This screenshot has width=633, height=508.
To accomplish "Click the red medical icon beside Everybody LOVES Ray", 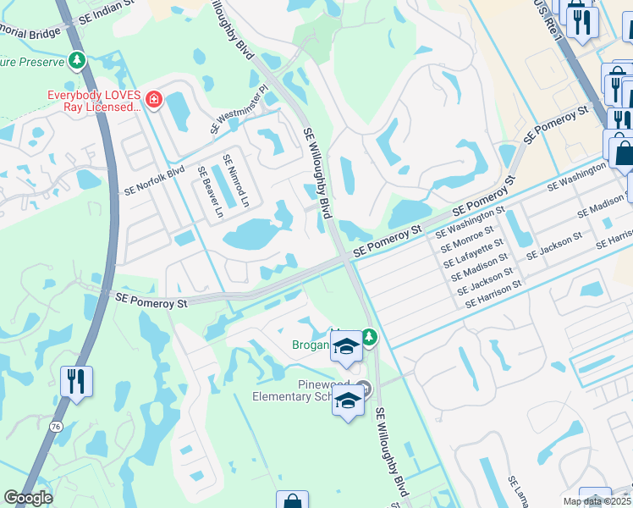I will (153, 100).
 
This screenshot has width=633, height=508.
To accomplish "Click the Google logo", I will (28, 498).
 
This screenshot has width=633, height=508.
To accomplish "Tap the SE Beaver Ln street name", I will (210, 192).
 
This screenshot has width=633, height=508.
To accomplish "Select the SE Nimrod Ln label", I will (235, 180).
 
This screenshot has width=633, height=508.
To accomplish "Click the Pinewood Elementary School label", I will (302, 390).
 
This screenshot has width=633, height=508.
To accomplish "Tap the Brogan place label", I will (311, 345).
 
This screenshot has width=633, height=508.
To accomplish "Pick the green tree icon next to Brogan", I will (369, 338).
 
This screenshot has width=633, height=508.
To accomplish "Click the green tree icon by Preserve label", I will (77, 61).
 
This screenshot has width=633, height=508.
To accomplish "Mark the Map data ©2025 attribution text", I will (596, 501).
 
